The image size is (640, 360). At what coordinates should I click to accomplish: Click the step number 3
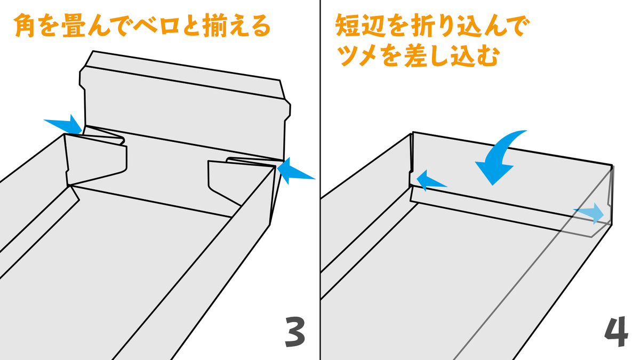pos(295,332)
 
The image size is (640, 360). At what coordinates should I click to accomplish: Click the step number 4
pos(617,331)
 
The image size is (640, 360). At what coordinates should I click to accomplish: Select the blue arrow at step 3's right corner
pos(294,171)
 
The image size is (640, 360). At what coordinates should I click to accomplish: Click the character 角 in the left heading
pos(25,26)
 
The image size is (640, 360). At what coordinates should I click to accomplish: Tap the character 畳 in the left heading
pos(74,26)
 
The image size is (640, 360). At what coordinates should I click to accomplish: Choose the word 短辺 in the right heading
pos(361,26)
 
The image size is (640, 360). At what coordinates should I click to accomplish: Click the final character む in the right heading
pos(486,55)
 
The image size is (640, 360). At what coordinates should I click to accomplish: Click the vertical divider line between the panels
pos(320,180)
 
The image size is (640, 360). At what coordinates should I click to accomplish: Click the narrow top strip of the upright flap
pos(185,75)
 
